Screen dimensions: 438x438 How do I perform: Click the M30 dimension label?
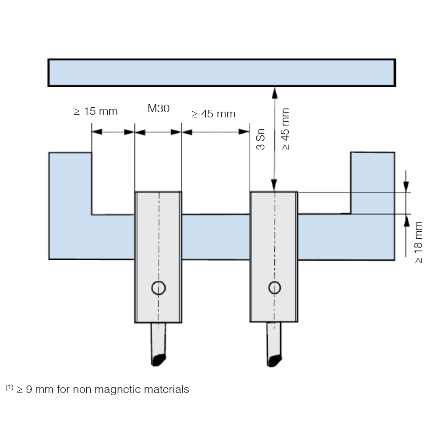(159, 108)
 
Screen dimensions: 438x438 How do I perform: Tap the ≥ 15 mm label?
(95, 111)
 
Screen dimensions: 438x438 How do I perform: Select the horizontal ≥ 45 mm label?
(213, 114)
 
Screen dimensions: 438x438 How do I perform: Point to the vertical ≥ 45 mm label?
(285, 129)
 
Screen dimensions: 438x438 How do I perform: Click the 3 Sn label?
(260, 139)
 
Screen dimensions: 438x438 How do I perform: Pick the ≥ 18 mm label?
(418, 242)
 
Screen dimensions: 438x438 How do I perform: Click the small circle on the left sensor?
(159, 288)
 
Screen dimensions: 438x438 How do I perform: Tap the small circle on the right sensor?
(274, 287)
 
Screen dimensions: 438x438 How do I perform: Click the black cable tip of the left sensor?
(159, 360)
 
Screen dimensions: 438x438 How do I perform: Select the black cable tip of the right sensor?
(274, 360)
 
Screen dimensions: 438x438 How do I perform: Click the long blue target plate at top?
(222, 73)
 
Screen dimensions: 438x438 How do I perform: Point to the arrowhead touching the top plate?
(275, 93)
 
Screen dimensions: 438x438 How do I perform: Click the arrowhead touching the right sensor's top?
(274, 185)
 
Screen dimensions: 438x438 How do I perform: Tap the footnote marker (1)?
(9, 388)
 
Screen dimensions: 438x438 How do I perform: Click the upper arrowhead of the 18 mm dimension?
(406, 187)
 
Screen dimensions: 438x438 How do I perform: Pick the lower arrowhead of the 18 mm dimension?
(406, 220)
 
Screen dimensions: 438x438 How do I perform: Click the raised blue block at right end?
(373, 183)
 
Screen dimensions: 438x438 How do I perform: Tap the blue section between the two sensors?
(215, 237)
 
